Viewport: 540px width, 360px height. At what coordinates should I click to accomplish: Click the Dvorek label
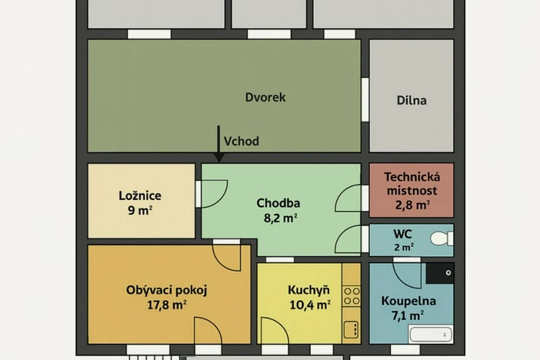265,97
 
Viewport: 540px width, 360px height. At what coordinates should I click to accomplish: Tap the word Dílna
412,100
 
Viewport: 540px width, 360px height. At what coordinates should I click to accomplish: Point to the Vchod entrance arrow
218,144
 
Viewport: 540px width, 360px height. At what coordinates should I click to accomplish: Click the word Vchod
242,141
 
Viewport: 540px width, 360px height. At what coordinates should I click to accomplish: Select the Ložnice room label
140,196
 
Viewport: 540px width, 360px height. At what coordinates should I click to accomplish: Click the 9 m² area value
140,210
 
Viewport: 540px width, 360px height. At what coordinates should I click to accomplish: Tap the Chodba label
278,203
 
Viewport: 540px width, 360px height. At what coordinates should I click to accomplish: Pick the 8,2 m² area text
280,218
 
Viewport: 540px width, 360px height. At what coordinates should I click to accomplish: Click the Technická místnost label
412,183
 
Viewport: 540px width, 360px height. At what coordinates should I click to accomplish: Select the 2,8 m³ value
412,205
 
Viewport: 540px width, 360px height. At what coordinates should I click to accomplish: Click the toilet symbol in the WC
441,238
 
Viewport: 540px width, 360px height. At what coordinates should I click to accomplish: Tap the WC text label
403,234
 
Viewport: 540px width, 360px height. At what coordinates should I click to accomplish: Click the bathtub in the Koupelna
431,334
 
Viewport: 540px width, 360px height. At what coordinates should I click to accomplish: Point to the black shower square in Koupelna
439,274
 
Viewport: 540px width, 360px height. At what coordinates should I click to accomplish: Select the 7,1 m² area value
407,315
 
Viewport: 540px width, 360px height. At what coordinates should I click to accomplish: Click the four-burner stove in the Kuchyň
352,296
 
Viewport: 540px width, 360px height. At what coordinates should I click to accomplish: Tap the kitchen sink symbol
352,329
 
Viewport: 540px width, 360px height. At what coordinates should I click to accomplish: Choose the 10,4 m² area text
310,305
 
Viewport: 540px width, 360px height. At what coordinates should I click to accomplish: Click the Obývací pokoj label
166,290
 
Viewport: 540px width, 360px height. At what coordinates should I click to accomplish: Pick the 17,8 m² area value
166,305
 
